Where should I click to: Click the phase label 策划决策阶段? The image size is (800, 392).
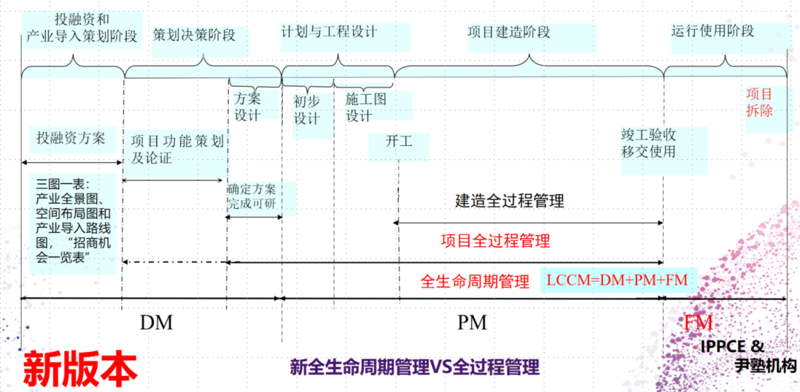(x=194, y=35)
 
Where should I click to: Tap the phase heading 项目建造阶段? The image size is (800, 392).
(x=509, y=33)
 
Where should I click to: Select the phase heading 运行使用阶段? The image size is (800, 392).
(x=713, y=31)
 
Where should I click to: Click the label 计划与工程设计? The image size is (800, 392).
(x=330, y=32)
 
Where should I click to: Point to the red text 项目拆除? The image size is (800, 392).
(x=759, y=102)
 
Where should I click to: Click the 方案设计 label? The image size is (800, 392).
(x=247, y=106)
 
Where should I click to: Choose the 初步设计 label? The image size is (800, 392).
(x=307, y=110)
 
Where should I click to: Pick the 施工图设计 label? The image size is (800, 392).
(x=366, y=107)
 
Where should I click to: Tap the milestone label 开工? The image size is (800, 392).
(x=399, y=141)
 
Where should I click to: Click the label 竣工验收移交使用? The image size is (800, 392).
(x=649, y=144)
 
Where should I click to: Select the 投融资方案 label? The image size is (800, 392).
(x=71, y=138)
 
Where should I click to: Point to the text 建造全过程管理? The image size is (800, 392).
(x=510, y=201)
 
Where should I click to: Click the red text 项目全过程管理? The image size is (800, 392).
(x=496, y=241)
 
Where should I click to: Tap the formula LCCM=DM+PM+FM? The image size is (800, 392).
(x=617, y=280)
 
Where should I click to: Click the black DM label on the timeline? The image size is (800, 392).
(x=156, y=322)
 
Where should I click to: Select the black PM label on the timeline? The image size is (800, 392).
(x=471, y=322)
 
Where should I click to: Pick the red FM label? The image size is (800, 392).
(x=698, y=322)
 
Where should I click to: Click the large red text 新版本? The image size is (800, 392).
(x=80, y=368)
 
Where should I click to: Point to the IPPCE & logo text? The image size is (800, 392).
(x=732, y=347)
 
